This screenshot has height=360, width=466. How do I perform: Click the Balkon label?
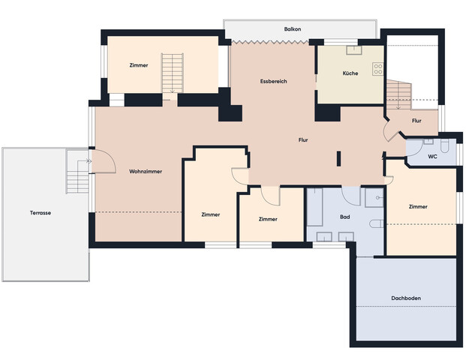[293, 29]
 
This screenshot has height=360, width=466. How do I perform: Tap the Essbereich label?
[274, 81]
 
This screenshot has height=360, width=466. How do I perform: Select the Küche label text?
[350, 73]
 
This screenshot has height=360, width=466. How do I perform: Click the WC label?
[432, 157]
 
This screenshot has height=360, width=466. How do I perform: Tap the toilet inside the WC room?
[429, 140]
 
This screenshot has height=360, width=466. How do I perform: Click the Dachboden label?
[406, 298]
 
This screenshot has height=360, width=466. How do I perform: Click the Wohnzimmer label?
[146, 171]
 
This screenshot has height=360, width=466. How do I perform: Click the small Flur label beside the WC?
[416, 121]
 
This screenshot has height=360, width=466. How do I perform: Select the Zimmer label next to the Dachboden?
[418, 206]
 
